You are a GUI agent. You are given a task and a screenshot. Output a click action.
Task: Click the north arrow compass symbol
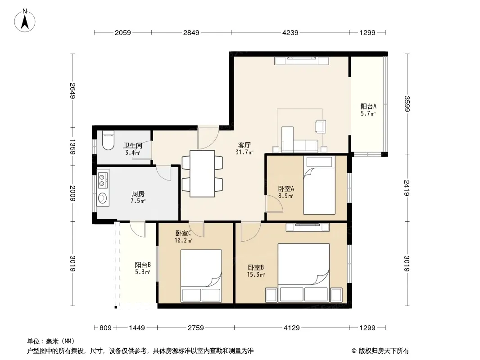click(x=25, y=21)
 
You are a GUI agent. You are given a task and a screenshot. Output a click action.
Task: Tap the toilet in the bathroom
click(x=108, y=140)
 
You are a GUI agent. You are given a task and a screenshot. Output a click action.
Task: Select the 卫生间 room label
click(x=132, y=146)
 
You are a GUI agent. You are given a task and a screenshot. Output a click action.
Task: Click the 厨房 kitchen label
click(x=138, y=193)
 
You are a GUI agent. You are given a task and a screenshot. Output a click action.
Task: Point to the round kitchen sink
click(x=102, y=198)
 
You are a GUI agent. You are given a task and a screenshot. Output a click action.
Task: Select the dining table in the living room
click(x=202, y=173)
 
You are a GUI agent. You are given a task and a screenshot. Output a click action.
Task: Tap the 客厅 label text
click(x=245, y=145)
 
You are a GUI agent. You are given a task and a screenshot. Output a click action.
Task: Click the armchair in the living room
click(x=320, y=126)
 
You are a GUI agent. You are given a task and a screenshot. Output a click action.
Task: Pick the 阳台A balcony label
click(x=368, y=107)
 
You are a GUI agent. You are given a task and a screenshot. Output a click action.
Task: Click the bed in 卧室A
click(x=319, y=185)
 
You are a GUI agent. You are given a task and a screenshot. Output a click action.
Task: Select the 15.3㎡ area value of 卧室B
click(x=256, y=274)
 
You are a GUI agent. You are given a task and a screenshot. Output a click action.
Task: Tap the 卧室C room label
click(x=183, y=233)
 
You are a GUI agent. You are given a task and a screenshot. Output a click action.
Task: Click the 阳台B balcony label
click(x=143, y=265)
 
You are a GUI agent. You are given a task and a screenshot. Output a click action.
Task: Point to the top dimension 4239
click(x=290, y=32)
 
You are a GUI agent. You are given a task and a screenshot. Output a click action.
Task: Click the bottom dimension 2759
click(x=195, y=328)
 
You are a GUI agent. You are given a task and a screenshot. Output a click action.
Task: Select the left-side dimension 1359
click(x=72, y=147)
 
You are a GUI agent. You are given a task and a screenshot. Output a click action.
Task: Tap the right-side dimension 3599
click(x=407, y=104)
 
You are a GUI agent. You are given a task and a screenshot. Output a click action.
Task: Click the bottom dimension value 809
click(x=105, y=328)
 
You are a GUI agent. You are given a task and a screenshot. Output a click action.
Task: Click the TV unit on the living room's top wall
click(x=302, y=61)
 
